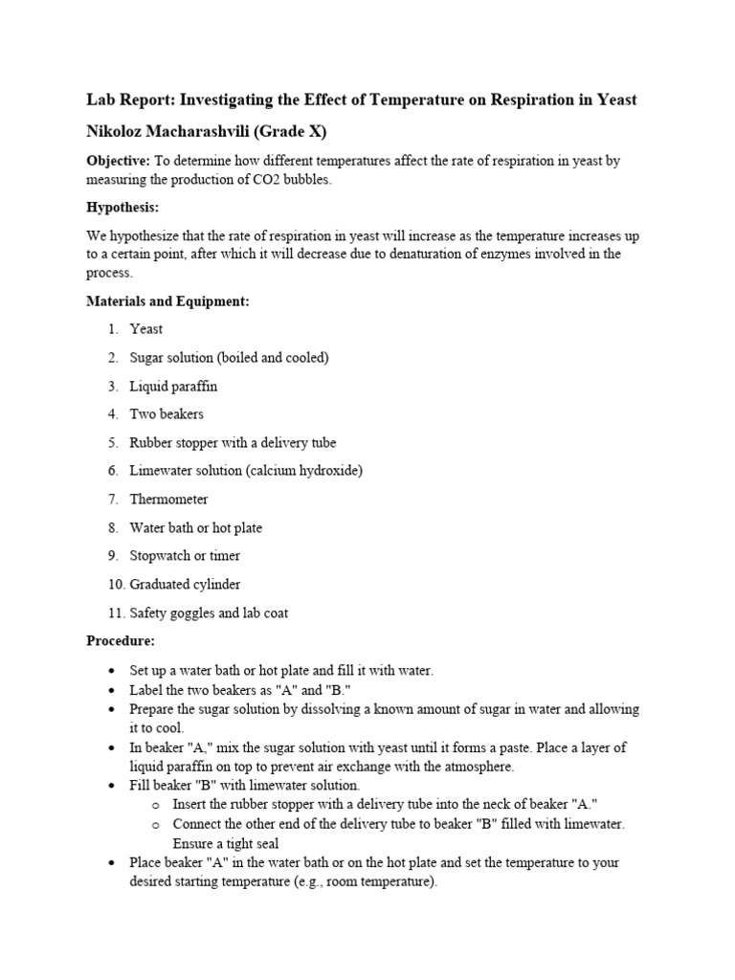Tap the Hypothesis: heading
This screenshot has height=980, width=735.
pyautogui.click(x=122, y=207)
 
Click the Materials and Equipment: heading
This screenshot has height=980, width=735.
pyautogui.click(x=167, y=301)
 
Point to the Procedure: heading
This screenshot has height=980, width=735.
pyautogui.click(x=121, y=640)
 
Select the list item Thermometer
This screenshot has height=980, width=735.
pyautogui.click(x=168, y=499)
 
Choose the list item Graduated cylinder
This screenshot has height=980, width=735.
pyautogui.click(x=186, y=584)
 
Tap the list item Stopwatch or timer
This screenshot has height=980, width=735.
pyautogui.click(x=185, y=555)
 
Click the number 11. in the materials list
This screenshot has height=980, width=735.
pyautogui.click(x=114, y=612)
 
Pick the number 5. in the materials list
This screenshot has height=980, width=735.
pyautogui.click(x=113, y=442)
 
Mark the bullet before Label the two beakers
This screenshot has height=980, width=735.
pyautogui.click(x=114, y=689)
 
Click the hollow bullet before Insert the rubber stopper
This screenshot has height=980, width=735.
pyautogui.click(x=157, y=804)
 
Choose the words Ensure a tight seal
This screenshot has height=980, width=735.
pyautogui.click(x=226, y=843)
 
